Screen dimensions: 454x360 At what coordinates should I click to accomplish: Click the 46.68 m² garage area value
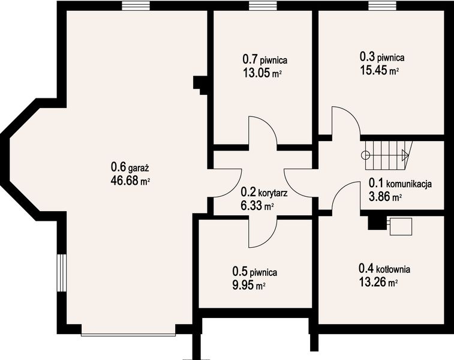point(130,181)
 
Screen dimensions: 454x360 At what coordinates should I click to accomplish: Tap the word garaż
point(139,168)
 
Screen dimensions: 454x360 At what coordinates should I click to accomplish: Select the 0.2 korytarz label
point(264,192)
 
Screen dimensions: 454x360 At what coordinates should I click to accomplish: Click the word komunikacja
point(409,184)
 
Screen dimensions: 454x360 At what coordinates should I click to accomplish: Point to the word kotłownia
point(393,269)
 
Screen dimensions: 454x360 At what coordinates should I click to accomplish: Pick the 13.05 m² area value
point(262,73)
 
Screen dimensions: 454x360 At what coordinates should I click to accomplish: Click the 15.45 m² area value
point(379,70)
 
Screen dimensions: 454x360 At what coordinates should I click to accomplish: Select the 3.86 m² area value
point(385,197)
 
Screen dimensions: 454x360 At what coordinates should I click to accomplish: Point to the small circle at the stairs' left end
point(365,155)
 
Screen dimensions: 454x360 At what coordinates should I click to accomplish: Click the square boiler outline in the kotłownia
point(401,227)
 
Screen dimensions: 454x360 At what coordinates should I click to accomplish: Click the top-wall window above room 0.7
point(263,6)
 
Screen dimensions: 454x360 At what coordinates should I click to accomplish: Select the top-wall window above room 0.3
point(382,6)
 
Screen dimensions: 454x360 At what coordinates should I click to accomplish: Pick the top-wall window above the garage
point(136,6)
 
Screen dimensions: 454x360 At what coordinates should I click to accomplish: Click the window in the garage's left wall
point(62,273)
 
